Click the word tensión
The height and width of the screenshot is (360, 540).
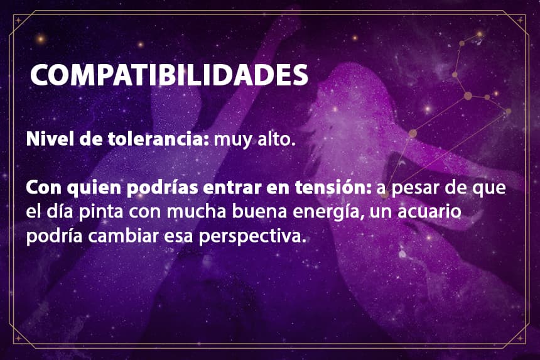(x=333, y=188)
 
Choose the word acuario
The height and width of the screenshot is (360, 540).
(x=429, y=211)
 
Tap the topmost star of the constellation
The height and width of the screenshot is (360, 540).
(x=479, y=34)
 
